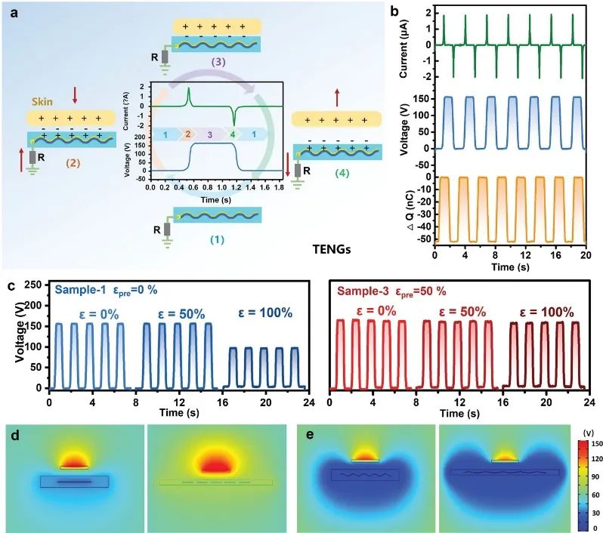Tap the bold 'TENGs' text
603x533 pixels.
tap(332, 248)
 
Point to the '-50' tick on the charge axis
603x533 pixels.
tap(422, 239)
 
